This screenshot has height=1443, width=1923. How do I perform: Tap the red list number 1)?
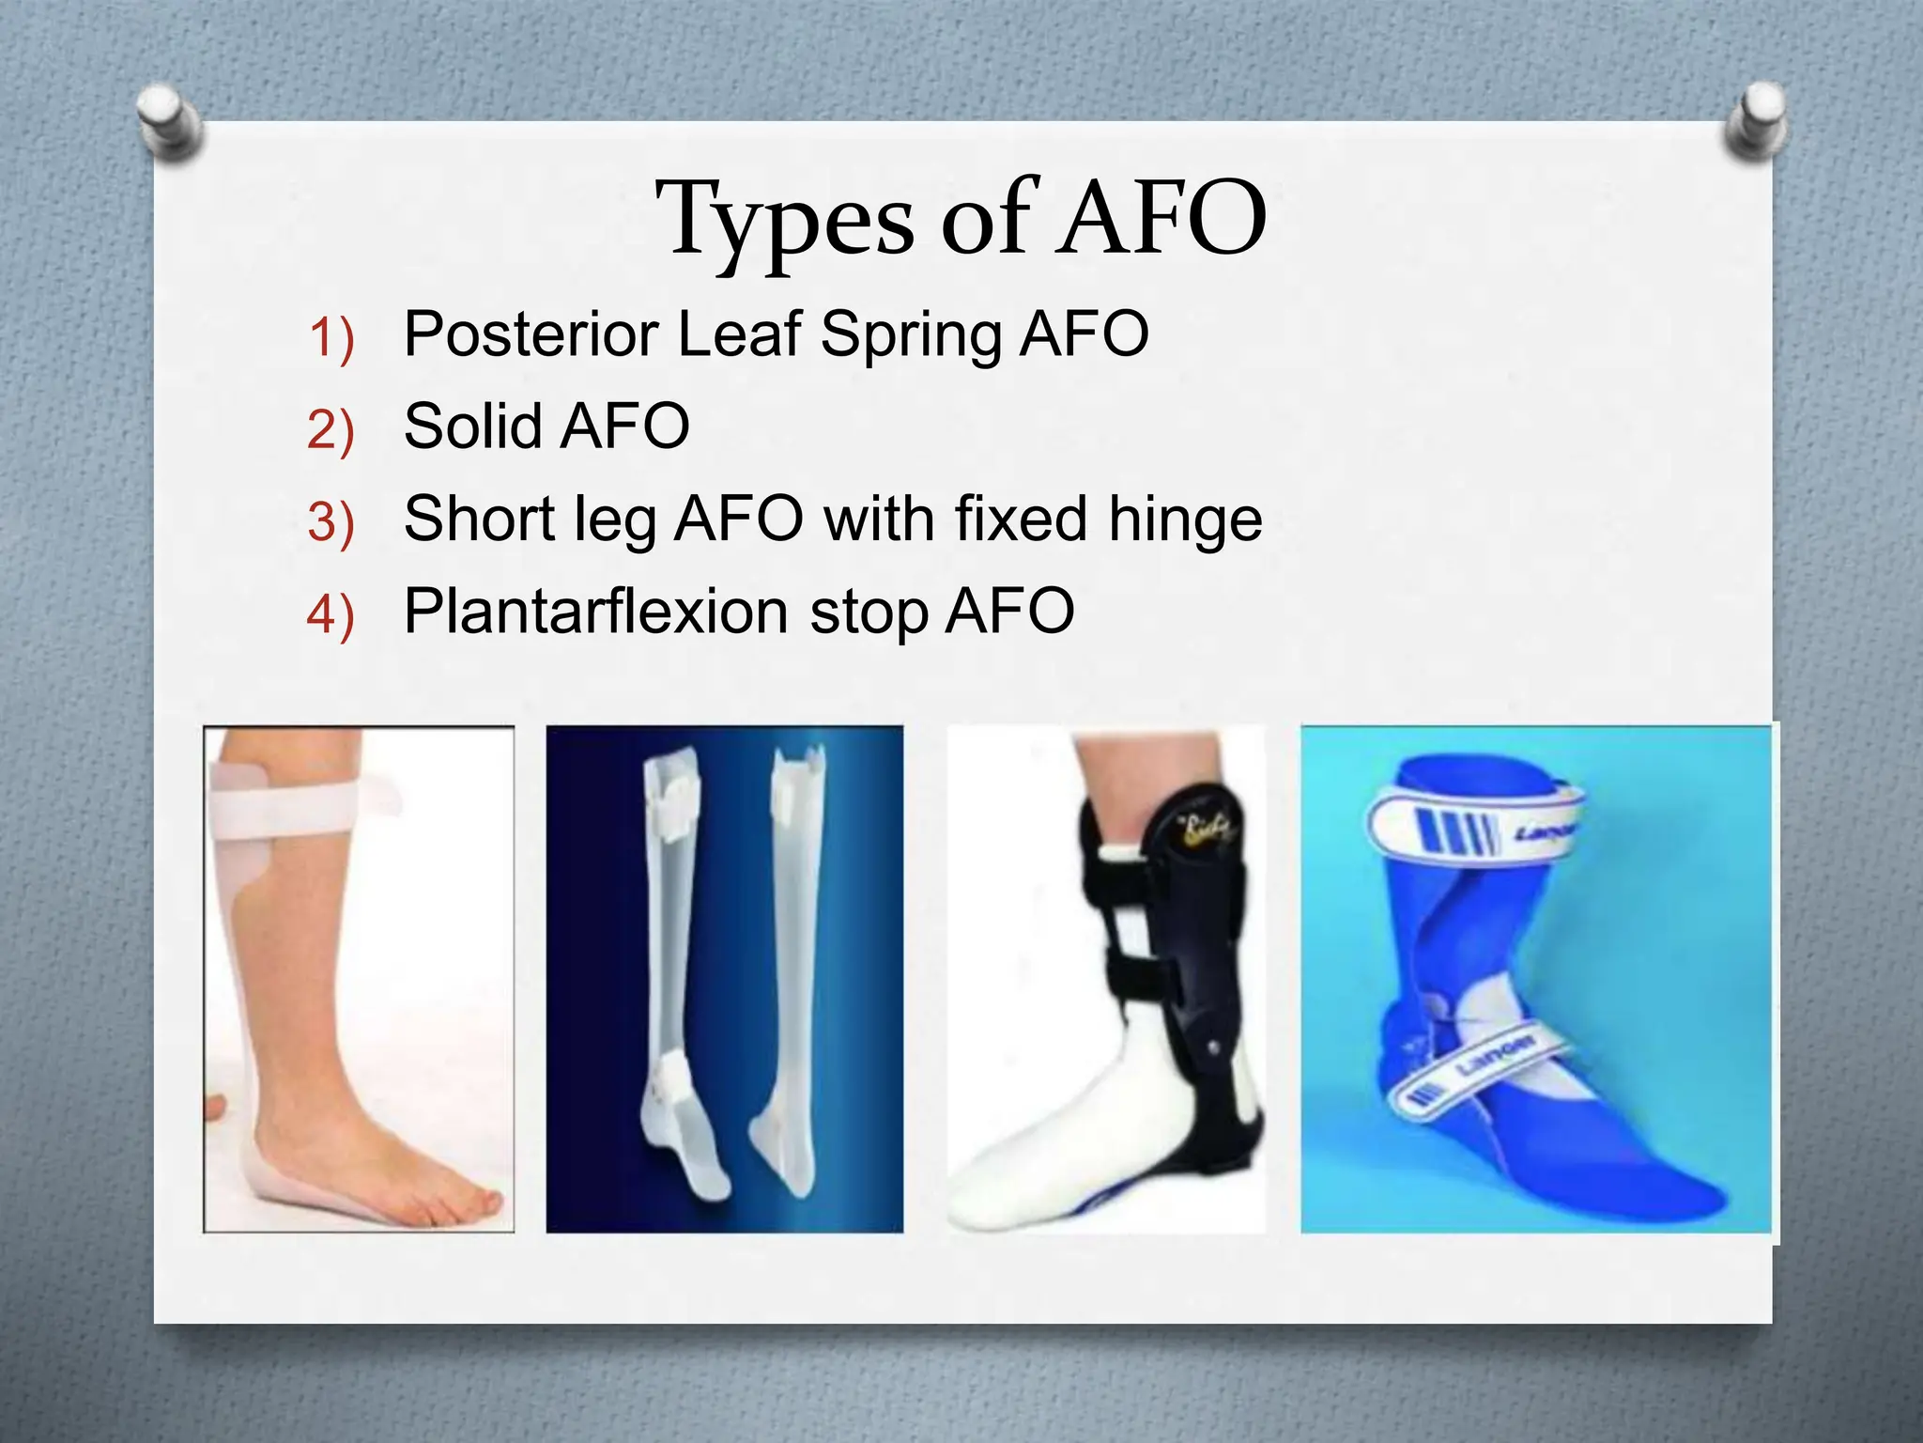click(x=331, y=338)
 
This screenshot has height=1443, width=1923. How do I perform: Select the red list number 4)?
click(x=331, y=616)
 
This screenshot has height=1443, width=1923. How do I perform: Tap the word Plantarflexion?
click(x=595, y=612)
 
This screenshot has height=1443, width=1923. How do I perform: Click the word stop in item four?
click(x=869, y=613)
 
